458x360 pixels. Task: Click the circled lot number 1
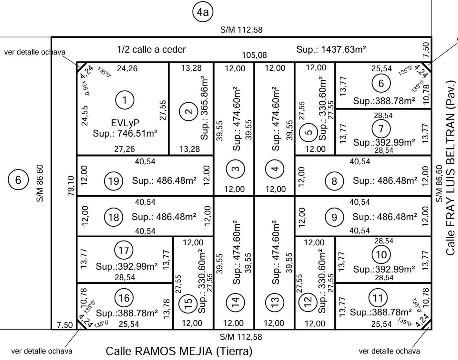[x=125, y=100]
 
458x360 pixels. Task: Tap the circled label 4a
[x=203, y=12]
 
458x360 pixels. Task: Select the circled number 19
[x=114, y=181]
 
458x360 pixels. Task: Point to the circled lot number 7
[x=381, y=129]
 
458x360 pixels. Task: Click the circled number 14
[x=235, y=302]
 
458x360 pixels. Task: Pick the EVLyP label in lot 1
[x=125, y=123]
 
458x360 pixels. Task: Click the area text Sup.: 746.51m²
[x=125, y=133]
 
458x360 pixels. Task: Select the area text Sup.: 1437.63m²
[x=331, y=50]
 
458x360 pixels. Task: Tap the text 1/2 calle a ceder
[x=151, y=50]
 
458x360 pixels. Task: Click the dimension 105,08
[x=254, y=55]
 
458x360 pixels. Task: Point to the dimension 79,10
[x=71, y=186]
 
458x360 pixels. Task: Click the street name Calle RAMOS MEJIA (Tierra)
[x=179, y=351]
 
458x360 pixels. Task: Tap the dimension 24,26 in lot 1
[x=127, y=68]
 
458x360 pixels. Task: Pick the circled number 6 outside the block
[x=18, y=180]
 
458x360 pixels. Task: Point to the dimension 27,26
[x=124, y=149]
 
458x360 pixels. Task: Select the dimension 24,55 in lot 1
[x=85, y=116]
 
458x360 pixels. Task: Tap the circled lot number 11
[x=378, y=298]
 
